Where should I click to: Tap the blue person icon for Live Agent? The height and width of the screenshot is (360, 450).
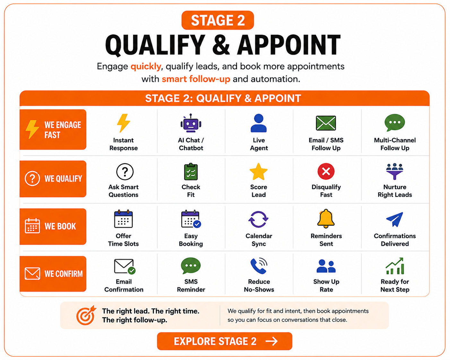pos(259,123)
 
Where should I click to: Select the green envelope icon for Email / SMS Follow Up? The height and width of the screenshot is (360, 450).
pos(326,123)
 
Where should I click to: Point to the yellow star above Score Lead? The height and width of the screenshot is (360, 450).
pos(259,172)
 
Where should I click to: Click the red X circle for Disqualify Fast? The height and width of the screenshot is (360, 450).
pos(326,171)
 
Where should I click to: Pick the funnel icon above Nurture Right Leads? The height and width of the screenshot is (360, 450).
pos(394,171)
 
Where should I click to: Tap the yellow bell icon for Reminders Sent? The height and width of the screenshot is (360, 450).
pos(326,219)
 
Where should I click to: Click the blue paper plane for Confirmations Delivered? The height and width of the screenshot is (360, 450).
pos(395,219)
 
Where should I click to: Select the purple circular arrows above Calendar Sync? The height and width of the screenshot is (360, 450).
pos(258,219)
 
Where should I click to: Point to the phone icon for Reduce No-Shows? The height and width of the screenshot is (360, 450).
pos(259,266)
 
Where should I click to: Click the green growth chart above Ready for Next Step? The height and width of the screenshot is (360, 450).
pos(395,266)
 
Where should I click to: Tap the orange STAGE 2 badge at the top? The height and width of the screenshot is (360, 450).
pos(218,20)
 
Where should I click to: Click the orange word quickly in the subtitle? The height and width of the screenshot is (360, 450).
pos(146,66)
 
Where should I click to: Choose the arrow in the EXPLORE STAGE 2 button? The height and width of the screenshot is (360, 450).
pos(272,341)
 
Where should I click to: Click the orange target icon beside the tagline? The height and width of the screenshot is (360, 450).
pos(86,315)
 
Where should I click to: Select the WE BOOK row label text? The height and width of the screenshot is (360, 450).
pos(60,227)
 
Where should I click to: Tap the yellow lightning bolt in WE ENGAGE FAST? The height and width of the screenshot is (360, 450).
pos(32,129)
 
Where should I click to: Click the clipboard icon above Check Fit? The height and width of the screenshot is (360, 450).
pos(191,171)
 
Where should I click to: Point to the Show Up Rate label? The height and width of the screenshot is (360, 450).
pos(326,286)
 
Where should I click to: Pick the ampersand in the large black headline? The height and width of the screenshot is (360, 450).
pos(221,45)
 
